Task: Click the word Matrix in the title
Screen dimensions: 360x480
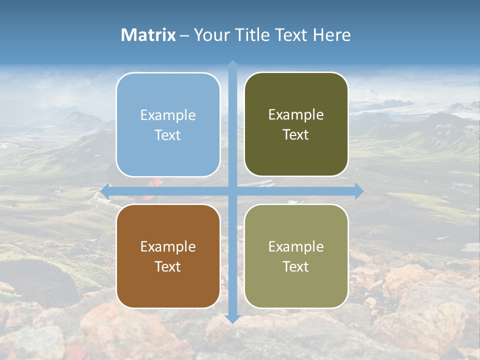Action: tap(148, 35)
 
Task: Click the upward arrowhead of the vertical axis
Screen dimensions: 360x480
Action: tap(232, 64)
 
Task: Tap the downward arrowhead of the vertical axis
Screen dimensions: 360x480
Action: tap(232, 318)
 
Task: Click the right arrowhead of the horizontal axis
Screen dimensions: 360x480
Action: tap(359, 191)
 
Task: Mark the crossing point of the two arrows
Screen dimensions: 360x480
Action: tap(232, 191)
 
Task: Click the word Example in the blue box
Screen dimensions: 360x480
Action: tap(168, 115)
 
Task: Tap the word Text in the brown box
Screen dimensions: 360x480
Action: tap(168, 266)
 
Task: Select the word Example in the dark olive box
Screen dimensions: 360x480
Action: tap(296, 115)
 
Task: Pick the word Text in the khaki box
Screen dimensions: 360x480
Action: tap(296, 266)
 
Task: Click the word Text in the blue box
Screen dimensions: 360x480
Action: tap(168, 135)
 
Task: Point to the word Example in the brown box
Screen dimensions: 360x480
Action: tap(168, 246)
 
